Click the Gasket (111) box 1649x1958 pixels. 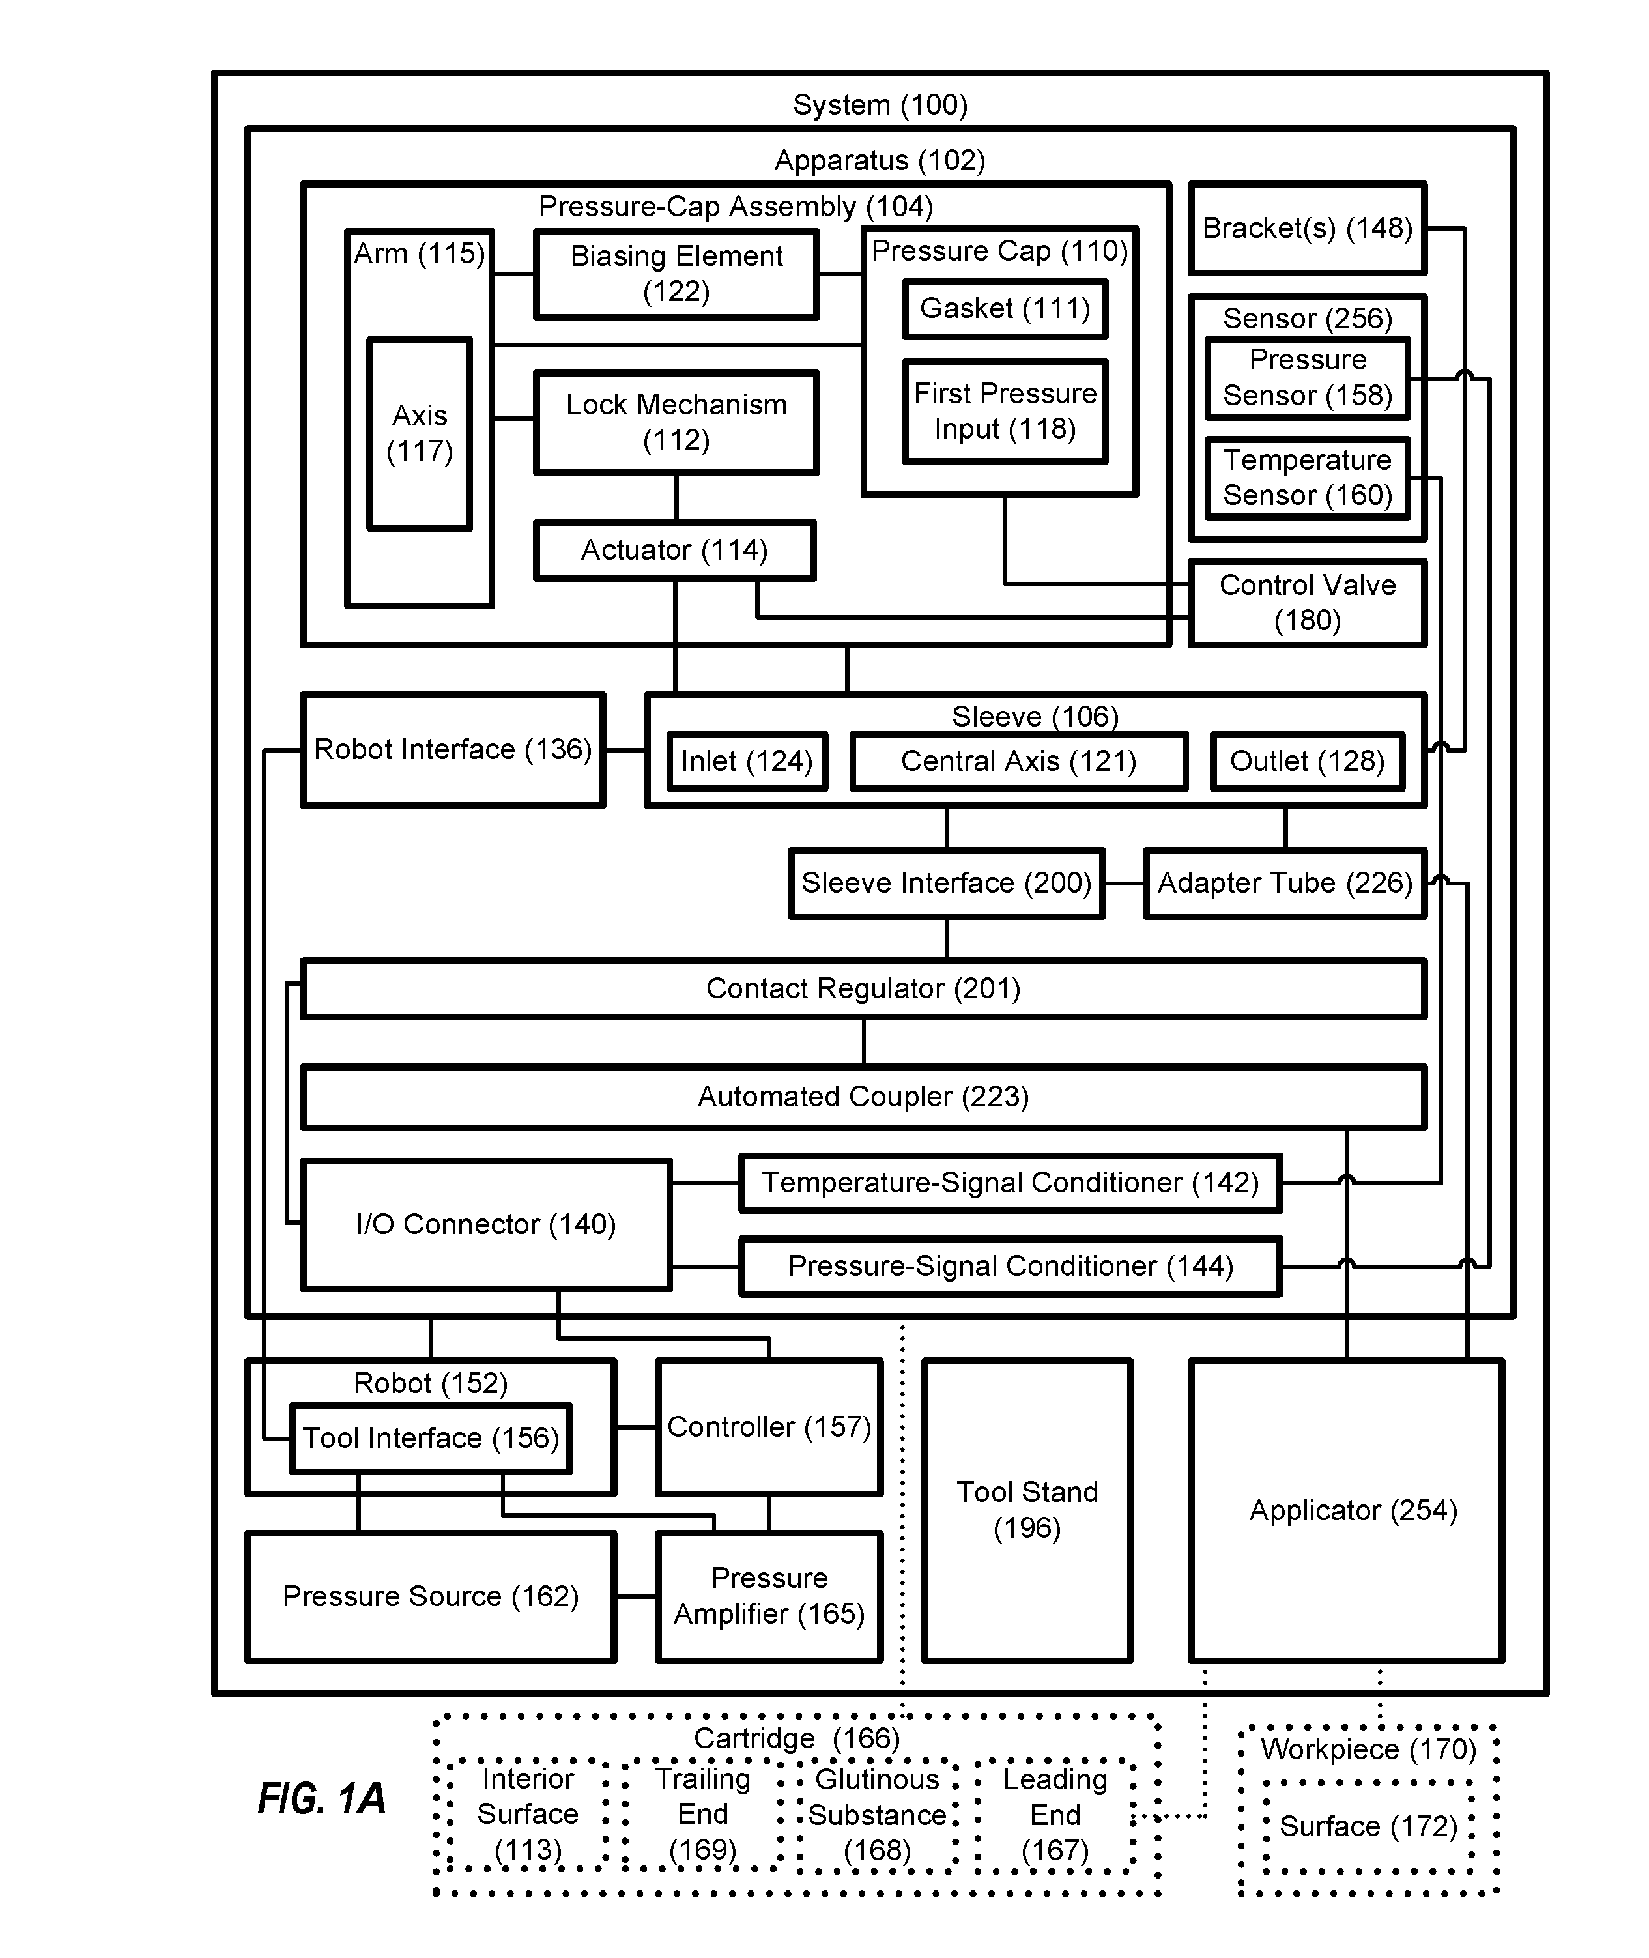point(1005,309)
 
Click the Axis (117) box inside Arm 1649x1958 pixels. point(420,434)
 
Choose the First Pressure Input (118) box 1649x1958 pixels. point(1005,411)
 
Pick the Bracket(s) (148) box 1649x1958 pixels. point(1308,228)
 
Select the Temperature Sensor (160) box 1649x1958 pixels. point(1308,478)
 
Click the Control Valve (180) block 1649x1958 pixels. point(1308,603)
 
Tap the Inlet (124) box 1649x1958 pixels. point(747,761)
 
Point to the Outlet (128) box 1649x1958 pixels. point(1308,761)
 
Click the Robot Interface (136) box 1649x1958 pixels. point(452,750)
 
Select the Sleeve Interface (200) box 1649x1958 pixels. point(947,884)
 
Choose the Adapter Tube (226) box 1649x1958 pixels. point(1285,884)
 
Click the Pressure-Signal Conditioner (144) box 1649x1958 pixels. point(1011,1266)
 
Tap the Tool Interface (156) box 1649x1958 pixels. point(431,1438)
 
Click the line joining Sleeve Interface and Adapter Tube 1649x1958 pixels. point(1125,884)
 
